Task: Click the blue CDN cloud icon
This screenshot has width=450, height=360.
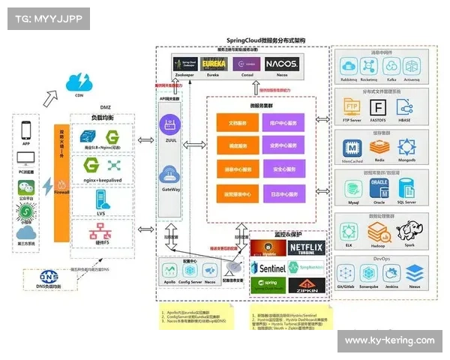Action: (79, 82)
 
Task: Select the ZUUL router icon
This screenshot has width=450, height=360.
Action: (170, 124)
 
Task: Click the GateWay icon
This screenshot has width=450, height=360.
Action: (170, 176)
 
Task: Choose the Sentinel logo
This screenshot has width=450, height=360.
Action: (268, 268)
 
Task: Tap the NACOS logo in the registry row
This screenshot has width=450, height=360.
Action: (281, 64)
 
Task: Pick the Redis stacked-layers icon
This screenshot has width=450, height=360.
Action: (380, 148)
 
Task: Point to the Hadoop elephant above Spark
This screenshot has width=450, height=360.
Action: (409, 229)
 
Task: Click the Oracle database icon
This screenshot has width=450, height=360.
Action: (380, 187)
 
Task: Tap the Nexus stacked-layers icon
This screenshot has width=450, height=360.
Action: (413, 271)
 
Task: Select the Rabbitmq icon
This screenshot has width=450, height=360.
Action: (348, 64)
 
